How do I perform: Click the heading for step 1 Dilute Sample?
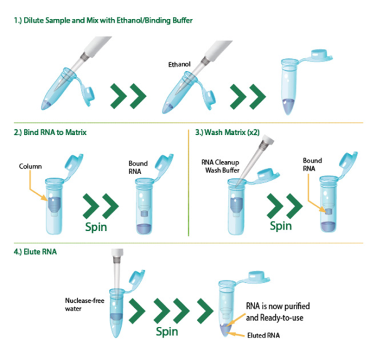103,21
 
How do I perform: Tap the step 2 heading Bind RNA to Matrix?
50,132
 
